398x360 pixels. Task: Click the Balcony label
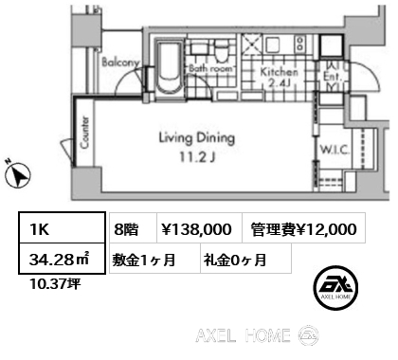(120, 63)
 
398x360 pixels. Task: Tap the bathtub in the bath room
(170, 70)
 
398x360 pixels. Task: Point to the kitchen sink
(272, 45)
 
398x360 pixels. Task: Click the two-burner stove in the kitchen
(299, 45)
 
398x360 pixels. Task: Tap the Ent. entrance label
(333, 76)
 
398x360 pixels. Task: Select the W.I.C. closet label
(335, 150)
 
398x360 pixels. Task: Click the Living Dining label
(197, 138)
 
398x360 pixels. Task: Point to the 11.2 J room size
(198, 157)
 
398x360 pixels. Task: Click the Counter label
(84, 133)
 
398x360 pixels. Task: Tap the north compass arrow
(18, 174)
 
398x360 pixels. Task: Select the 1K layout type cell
(62, 228)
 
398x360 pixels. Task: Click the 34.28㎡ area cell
(62, 258)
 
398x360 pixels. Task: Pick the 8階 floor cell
(134, 228)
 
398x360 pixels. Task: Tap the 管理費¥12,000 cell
(304, 228)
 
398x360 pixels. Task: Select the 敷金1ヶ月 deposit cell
(155, 258)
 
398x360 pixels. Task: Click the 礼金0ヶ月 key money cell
(245, 258)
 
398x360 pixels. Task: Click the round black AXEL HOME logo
(335, 287)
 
